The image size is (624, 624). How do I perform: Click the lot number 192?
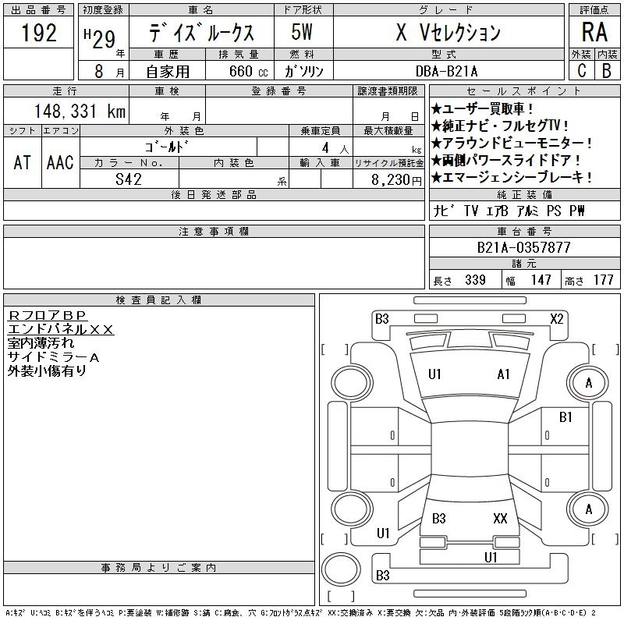pos(39,34)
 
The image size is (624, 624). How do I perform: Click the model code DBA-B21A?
pos(448,70)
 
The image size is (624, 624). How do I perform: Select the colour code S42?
pos(129,179)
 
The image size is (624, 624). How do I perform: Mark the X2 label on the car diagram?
pos(557,318)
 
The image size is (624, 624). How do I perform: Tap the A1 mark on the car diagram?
pos(504,374)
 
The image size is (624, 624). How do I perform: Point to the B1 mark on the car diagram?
pos(566,417)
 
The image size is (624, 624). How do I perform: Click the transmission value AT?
pos(23,162)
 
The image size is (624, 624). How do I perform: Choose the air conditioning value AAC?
pos(60,162)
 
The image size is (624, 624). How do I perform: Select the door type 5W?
pos(303,34)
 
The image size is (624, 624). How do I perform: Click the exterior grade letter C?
pos(581,70)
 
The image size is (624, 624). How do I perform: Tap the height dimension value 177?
pos(604,280)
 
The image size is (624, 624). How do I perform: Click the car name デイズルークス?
pos(202,34)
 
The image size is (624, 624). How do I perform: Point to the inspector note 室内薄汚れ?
pos(41,343)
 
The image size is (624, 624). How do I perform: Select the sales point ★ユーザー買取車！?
pos(483,108)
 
